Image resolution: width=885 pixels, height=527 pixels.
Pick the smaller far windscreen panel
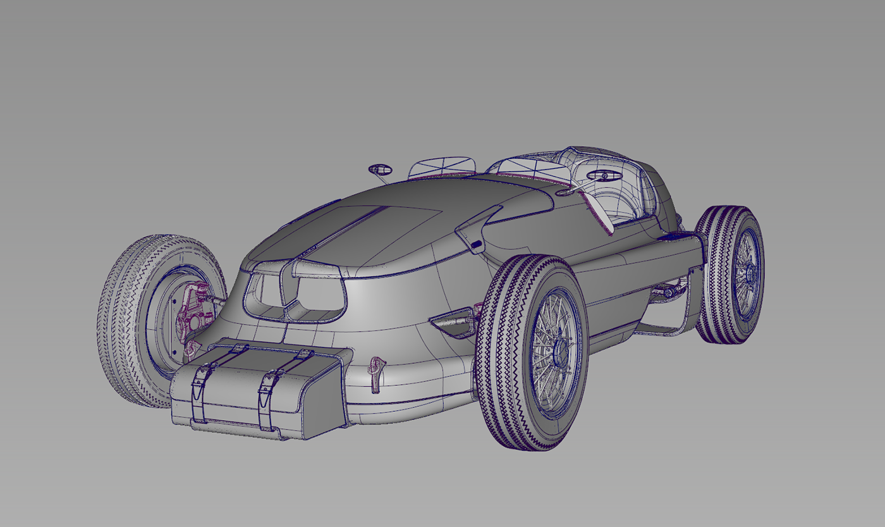coord(441,168)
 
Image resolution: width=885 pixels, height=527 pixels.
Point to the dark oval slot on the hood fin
coord(477,243)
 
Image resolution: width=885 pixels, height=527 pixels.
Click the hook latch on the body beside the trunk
coord(376,371)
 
